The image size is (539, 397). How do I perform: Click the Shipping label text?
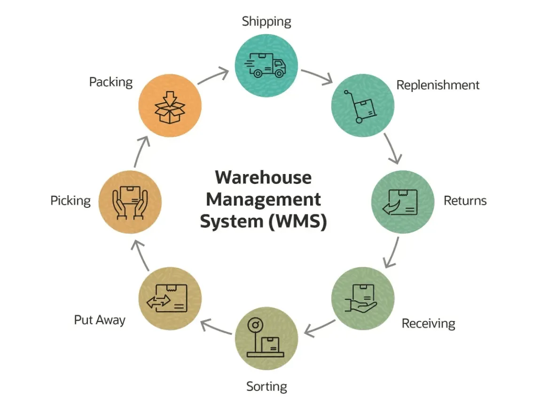(x=266, y=22)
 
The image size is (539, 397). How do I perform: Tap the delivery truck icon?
(x=266, y=65)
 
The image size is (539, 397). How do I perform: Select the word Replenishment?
(x=437, y=85)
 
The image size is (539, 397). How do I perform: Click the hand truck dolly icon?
(x=361, y=107)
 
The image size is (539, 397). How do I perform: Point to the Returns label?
(x=465, y=201)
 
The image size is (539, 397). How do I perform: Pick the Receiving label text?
(x=428, y=323)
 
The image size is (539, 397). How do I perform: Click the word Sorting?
(x=266, y=387)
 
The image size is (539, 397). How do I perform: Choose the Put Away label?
(x=100, y=320)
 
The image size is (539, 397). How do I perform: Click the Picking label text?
(x=70, y=201)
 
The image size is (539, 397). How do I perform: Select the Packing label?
(x=111, y=82)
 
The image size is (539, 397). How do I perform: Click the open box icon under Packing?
(x=171, y=107)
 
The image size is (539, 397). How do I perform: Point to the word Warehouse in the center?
(x=263, y=177)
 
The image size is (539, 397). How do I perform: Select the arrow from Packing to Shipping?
(x=213, y=76)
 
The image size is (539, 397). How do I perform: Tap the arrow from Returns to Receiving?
(x=391, y=252)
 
